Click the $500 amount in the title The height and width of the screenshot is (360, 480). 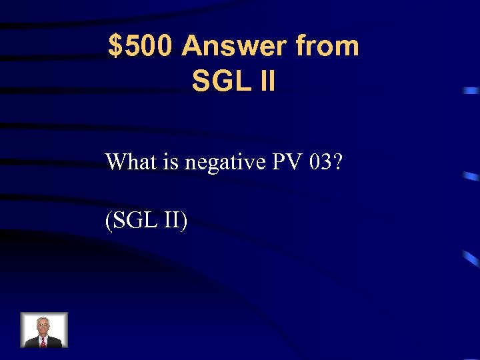pos(141,47)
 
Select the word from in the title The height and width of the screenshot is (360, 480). pos(327,47)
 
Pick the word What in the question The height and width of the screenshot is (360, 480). pos(127,161)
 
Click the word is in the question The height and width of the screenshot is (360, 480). pos(163,161)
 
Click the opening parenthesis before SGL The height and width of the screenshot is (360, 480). pos(108,221)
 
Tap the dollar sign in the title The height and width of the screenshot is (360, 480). pos(115,47)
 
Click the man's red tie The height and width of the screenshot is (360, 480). pos(44,342)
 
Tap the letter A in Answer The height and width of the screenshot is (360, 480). pos(192,47)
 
